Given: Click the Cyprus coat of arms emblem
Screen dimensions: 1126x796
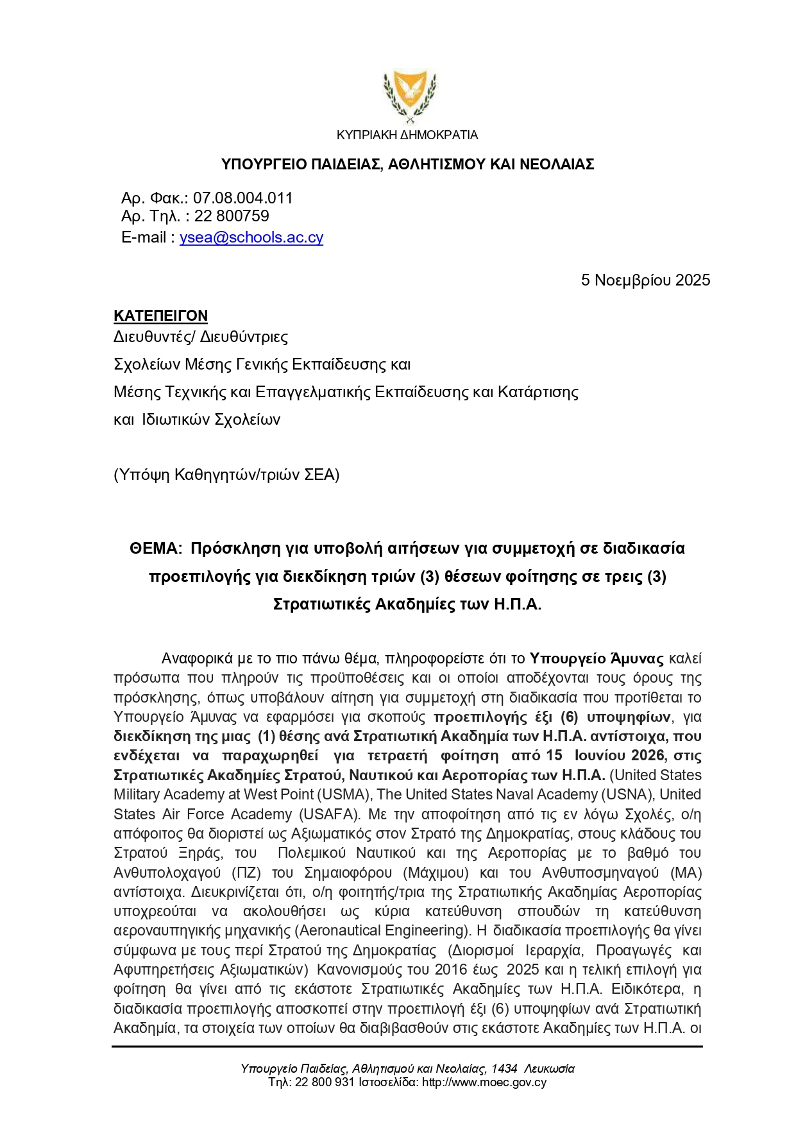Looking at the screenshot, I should pyautogui.click(x=409, y=97).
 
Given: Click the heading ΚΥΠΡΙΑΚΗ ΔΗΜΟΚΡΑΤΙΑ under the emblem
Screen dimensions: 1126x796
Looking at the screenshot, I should pyautogui.click(x=407, y=135).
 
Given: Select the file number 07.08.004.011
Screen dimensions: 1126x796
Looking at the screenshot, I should pyautogui.click(x=242, y=198).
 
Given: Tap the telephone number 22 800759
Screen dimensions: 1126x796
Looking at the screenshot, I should pyautogui.click(x=232, y=216).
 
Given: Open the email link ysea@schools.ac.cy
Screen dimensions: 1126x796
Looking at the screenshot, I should pyautogui.click(x=251, y=237).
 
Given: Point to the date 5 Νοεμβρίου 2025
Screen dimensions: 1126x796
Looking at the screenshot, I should pyautogui.click(x=645, y=280).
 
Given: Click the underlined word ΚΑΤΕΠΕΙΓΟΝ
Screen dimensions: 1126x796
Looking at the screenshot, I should pyautogui.click(x=160, y=316).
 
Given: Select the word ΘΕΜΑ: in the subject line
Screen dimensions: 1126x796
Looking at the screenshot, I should pyautogui.click(x=156, y=549).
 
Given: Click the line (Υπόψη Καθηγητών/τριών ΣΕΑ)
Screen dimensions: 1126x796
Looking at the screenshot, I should pyautogui.click(x=226, y=475).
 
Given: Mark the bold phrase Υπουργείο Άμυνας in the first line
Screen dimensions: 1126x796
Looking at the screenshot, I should pyautogui.click(x=597, y=659).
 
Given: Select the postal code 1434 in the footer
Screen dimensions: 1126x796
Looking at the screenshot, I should pyautogui.click(x=504, y=1068).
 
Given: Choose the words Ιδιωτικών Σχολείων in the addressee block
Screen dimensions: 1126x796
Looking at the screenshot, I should pyautogui.click(x=211, y=420).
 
